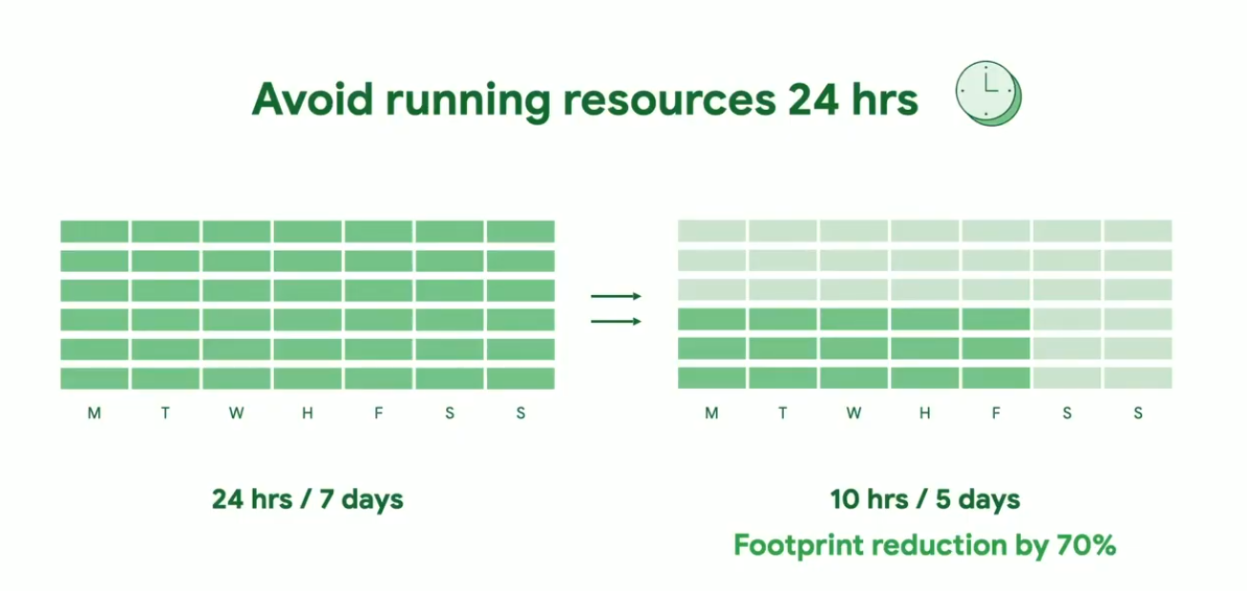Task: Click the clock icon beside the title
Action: point(988,93)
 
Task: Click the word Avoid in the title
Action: point(312,99)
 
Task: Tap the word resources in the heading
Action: point(669,100)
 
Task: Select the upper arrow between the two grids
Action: point(616,296)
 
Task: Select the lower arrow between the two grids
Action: point(616,321)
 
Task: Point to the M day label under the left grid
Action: point(95,412)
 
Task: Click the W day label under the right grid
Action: point(854,412)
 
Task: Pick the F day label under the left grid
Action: point(378,412)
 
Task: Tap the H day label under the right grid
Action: point(924,412)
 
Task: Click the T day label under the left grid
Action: point(165,412)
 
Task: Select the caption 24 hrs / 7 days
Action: point(307,499)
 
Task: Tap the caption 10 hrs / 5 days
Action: point(925,499)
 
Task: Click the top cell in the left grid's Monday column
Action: point(95,231)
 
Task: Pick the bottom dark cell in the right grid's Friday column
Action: point(996,378)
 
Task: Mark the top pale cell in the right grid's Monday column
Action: point(712,231)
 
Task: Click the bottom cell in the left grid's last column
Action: point(521,378)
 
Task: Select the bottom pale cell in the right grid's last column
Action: point(1138,378)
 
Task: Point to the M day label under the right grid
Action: point(711,412)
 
